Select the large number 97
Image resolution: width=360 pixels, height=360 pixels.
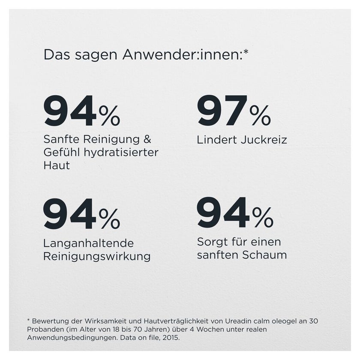click(222, 111)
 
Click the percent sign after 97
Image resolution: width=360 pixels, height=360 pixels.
click(260, 115)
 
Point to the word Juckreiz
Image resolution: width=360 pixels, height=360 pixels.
click(264, 140)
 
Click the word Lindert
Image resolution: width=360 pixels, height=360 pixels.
click(217, 140)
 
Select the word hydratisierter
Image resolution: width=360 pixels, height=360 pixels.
click(121, 153)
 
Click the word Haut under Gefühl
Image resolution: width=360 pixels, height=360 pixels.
click(57, 165)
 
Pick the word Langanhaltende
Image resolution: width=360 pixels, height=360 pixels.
click(88, 243)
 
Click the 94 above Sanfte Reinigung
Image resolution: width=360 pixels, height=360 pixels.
click(70, 111)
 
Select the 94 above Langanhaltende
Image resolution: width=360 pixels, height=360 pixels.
click(70, 214)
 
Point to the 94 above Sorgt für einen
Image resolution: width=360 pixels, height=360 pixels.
click(223, 213)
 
